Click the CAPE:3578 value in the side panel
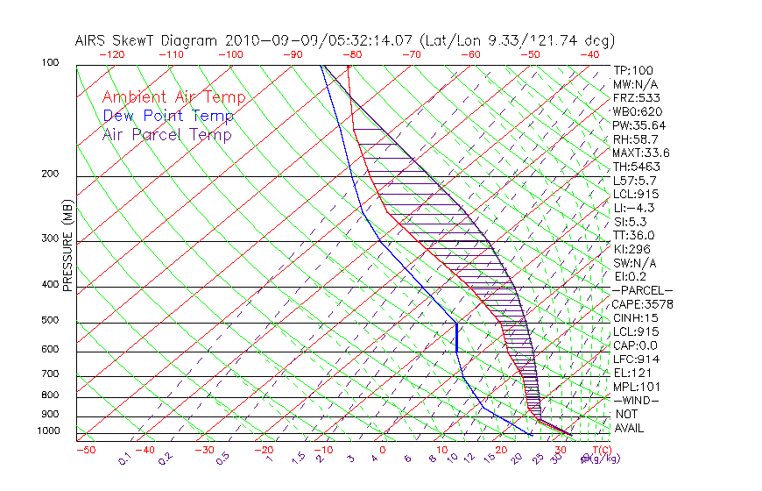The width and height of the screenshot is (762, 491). [642, 304]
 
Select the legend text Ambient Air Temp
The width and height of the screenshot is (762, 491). [173, 97]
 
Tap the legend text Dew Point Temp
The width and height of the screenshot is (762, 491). [167, 116]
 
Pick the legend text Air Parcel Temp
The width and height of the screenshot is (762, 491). [166, 134]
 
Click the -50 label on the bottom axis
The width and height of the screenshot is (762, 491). [85, 450]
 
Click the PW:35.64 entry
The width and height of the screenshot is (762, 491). [639, 125]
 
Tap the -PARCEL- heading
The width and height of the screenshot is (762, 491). [642, 290]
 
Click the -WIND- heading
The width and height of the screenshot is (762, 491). [636, 400]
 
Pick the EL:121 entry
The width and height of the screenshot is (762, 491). [632, 373]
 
